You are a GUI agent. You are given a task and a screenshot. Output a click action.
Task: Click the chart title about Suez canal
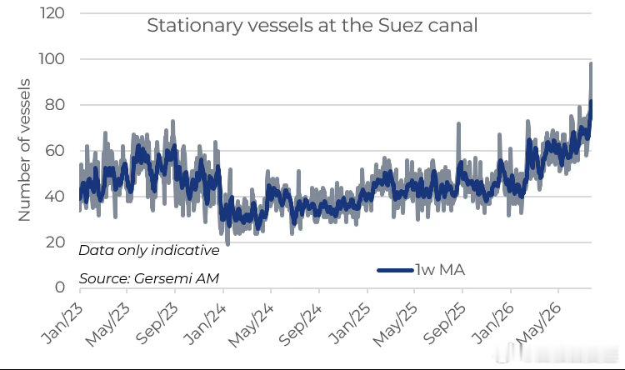pos(312,26)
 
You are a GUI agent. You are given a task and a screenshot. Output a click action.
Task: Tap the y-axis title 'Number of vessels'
pos(24,150)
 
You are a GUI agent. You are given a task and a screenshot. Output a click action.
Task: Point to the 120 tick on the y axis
pos(52,13)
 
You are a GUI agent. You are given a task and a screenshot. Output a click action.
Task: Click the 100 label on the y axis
pos(52,59)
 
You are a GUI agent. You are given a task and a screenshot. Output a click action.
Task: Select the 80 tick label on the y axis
pos(55,105)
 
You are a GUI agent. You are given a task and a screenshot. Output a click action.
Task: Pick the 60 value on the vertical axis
pos(55,151)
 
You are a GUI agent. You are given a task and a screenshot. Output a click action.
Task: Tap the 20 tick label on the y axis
pos(55,242)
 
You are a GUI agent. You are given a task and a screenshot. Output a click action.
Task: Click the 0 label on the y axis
pos(60,287)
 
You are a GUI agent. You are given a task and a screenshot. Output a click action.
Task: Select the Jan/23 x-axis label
pos(62,323)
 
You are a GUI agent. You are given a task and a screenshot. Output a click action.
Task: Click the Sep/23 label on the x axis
pos(157,324)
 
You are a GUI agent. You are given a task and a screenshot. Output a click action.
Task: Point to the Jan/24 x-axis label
pos(205,323)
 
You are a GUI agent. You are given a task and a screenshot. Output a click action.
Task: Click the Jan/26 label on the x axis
pos(492,323)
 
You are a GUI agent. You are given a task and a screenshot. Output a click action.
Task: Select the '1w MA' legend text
pos(440,270)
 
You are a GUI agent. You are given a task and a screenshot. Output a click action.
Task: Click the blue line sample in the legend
pos(395,270)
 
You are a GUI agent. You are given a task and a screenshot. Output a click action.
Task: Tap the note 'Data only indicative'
pos(149,250)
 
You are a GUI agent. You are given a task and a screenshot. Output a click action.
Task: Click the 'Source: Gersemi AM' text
pos(149,278)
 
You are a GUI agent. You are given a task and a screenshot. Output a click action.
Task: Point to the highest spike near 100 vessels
pos(591,64)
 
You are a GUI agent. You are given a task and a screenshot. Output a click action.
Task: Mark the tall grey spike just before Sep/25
pos(458,124)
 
